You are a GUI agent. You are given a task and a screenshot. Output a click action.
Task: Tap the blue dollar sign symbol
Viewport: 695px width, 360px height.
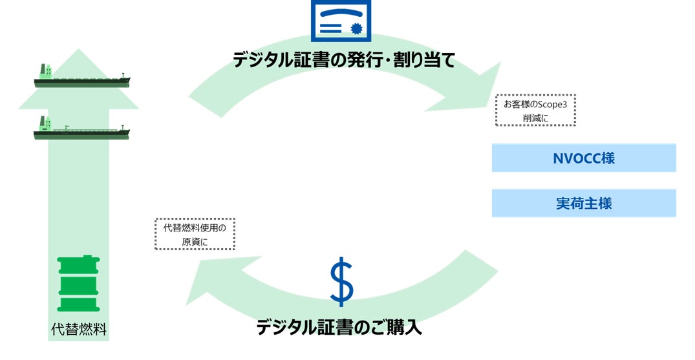[x=341, y=282]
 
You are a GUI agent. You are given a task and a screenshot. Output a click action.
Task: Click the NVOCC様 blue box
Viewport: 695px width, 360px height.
[x=584, y=158]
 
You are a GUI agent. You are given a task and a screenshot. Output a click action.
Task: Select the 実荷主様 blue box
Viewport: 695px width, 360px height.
[x=584, y=203]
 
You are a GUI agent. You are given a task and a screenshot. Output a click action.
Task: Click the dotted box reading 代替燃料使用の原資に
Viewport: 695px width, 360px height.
[x=195, y=234]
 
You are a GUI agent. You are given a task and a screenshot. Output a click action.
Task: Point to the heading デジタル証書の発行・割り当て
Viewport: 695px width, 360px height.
[x=345, y=61]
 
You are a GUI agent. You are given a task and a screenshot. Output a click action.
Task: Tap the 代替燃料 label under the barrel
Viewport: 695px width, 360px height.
[x=78, y=330]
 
